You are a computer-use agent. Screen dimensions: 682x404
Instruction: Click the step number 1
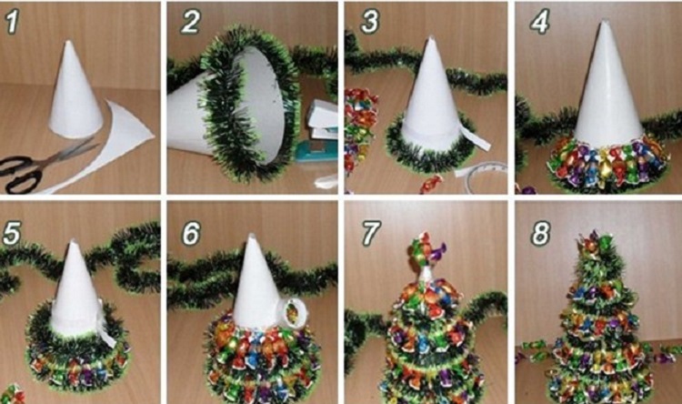[12, 22]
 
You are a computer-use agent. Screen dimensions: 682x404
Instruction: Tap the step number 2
[190, 21]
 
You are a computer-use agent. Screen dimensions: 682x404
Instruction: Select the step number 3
[370, 21]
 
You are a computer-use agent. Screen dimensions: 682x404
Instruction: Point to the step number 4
[540, 21]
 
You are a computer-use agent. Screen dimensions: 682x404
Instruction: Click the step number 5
[12, 233]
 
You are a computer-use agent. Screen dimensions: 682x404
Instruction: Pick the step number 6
[192, 233]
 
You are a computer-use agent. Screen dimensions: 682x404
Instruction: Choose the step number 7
[371, 233]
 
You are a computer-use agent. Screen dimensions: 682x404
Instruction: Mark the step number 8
[541, 233]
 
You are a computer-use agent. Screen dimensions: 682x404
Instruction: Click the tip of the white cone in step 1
[68, 42]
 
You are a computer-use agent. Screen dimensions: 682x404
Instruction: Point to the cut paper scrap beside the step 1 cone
[109, 144]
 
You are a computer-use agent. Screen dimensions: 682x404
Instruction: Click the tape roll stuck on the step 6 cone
[294, 313]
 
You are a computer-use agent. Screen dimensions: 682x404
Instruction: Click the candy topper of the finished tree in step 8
[594, 242]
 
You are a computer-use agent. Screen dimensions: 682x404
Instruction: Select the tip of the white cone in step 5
[72, 241]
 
